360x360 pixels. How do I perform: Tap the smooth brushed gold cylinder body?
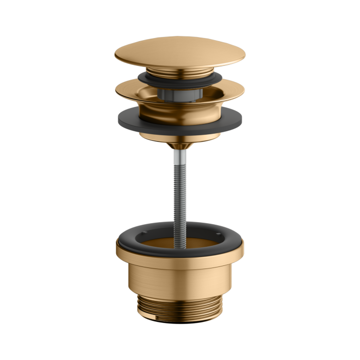coord(180,280)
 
